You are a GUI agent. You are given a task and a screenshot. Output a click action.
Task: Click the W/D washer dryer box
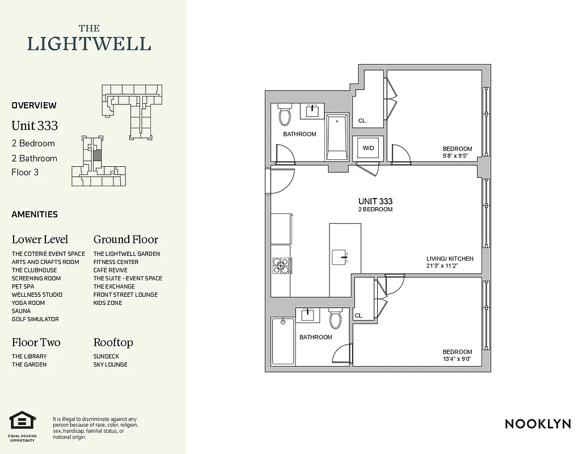(x=368, y=148)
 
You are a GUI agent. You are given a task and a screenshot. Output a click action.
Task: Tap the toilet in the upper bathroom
(x=284, y=116)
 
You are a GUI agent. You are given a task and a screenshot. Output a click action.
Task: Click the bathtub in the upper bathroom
(x=337, y=137)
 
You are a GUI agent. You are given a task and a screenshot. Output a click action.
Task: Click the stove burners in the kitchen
(x=280, y=265)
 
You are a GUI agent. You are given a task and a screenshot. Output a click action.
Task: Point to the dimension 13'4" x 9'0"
(x=457, y=359)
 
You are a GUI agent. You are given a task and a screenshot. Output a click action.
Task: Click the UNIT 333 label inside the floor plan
(x=375, y=201)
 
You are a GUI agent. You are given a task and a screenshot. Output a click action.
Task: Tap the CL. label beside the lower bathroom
(x=359, y=316)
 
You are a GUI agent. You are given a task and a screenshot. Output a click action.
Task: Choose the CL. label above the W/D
(x=362, y=121)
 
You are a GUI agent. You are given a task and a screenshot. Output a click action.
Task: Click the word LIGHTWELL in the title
(x=90, y=44)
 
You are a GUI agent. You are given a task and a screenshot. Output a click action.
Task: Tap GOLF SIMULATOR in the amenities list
(x=35, y=320)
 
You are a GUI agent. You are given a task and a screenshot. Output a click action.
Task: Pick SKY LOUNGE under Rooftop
(x=111, y=365)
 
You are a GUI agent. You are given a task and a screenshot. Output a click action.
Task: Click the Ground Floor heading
(x=126, y=239)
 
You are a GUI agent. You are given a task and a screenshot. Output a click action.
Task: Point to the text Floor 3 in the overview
(x=25, y=172)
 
